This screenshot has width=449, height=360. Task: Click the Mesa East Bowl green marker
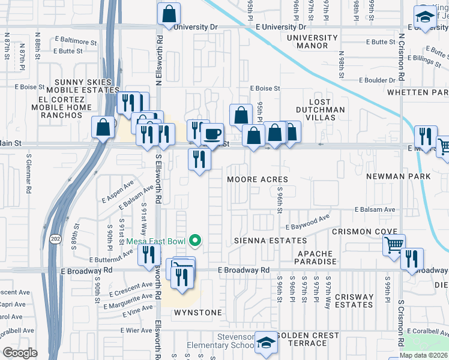tap(194, 241)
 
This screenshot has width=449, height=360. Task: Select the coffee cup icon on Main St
tap(212, 133)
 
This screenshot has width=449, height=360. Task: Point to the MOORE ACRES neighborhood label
tap(258, 179)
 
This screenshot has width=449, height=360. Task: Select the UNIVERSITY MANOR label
tap(312, 41)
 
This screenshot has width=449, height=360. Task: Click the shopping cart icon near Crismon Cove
tap(394, 245)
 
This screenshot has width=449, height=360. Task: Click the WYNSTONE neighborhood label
tap(198, 313)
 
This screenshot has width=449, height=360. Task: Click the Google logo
tap(20, 353)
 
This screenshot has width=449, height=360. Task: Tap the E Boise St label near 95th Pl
tap(265, 88)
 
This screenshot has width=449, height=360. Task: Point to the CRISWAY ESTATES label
tap(354, 301)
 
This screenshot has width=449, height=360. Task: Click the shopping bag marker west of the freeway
tap(102, 127)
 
